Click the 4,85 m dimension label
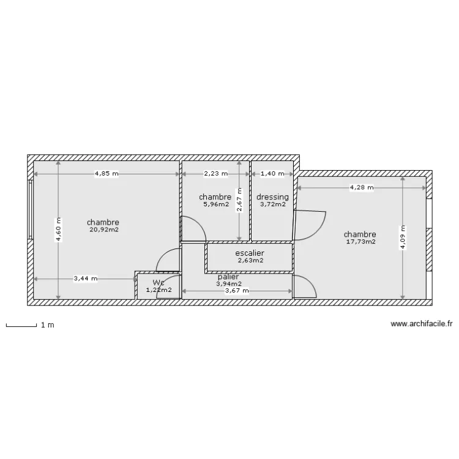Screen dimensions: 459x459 (x=106, y=174)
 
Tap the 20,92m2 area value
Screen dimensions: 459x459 (x=103, y=230)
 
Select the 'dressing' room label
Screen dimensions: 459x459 (x=272, y=197)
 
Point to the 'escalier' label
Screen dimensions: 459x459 (x=250, y=252)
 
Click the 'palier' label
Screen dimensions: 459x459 (x=228, y=277)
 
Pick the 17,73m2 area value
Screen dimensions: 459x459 (x=360, y=242)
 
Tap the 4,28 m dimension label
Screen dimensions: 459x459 (x=362, y=188)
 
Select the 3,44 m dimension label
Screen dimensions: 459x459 (x=84, y=279)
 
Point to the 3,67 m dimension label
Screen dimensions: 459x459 (x=237, y=291)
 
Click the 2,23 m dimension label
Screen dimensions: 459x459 (x=215, y=174)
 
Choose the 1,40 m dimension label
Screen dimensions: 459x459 (x=272, y=174)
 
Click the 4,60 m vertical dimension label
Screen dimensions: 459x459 (x=59, y=230)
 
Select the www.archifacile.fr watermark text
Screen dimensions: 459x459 (x=422, y=324)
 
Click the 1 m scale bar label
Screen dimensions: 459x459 (x=48, y=325)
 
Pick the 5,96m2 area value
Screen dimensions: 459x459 (x=215, y=204)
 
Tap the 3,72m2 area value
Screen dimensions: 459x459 (x=272, y=204)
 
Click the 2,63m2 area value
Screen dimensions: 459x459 (x=250, y=260)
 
